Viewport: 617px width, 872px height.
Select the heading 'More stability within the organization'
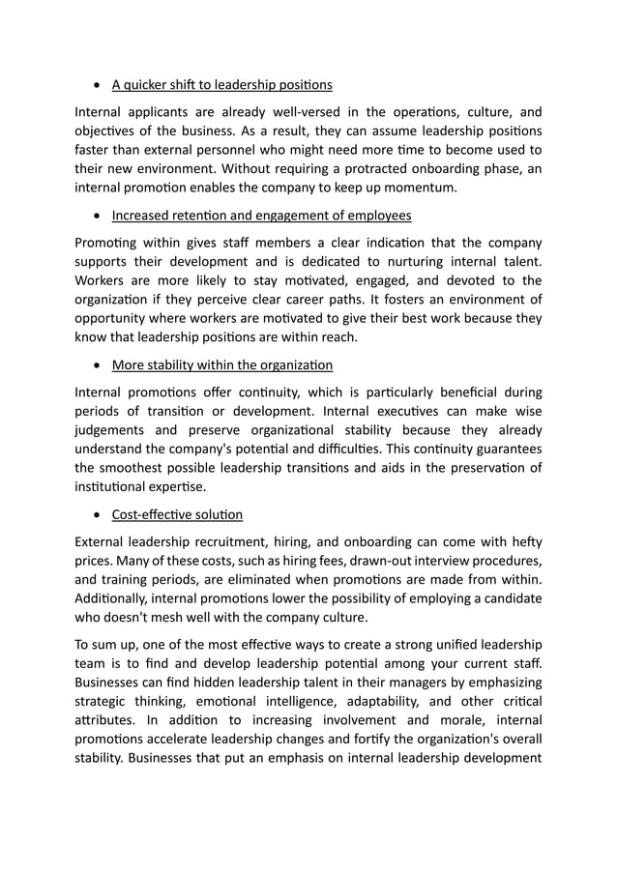pyautogui.click(x=221, y=364)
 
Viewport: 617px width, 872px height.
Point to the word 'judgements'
pyautogui.click(x=110, y=430)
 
